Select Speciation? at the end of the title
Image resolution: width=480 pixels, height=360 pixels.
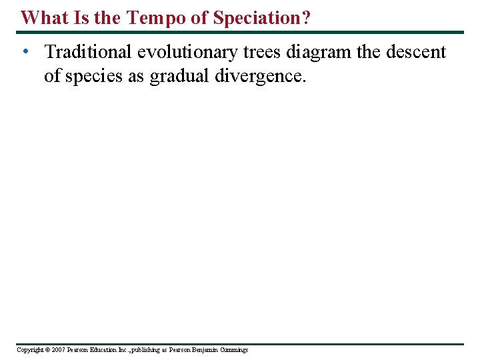[261, 18]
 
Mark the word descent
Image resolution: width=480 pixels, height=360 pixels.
[418, 52]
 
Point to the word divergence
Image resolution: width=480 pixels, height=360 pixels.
[259, 76]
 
